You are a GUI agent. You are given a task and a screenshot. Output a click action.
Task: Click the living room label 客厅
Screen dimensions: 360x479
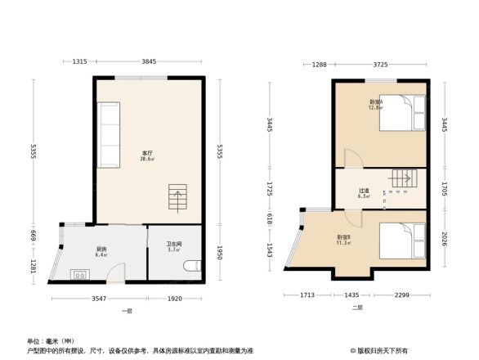pos(148,153)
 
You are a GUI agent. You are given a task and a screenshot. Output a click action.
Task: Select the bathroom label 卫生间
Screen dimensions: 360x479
pos(173,244)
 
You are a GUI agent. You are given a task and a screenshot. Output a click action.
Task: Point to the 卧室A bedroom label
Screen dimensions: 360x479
pos(375,102)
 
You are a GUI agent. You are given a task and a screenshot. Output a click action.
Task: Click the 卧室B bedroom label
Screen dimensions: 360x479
pos(343,237)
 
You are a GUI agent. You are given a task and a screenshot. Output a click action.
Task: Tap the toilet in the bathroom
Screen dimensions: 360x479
pos(192,267)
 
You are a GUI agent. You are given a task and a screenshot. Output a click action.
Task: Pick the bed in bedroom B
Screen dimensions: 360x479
pos(406,241)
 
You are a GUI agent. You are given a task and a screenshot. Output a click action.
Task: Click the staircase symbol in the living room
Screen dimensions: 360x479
pos(177,197)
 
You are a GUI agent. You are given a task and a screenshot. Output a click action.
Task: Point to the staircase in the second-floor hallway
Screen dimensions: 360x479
pos(403,178)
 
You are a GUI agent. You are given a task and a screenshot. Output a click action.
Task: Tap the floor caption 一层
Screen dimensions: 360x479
pos(127,312)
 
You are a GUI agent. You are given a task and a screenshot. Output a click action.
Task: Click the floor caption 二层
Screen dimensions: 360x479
pos(357,308)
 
